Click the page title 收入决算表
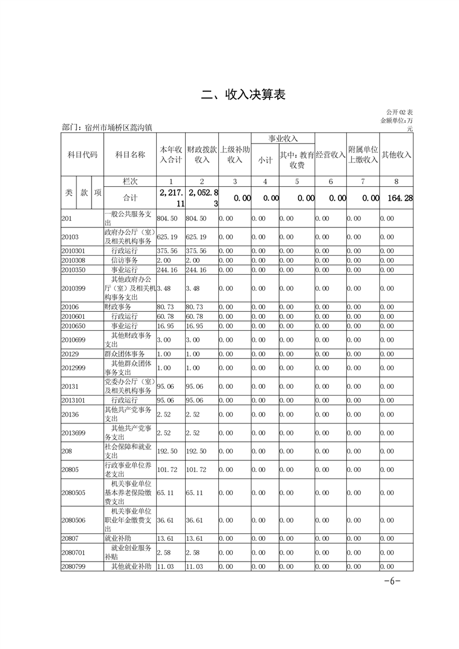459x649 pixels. pos(243,95)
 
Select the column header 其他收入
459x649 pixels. pos(396,154)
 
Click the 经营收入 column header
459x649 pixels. pos(331,154)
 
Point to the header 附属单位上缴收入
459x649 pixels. pos(363,154)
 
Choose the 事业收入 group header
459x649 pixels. pos(282,139)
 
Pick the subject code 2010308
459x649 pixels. pos(74,261)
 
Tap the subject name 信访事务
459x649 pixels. pos(124,261)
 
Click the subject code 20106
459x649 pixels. pos(70,307)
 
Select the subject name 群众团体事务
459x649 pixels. pos(124,353)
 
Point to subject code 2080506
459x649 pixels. pos(74,521)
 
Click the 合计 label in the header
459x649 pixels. pos(130,198)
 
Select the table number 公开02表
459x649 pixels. pos(399,112)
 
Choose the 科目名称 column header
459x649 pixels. pos(130,154)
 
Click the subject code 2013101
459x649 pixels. pos(74,400)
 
